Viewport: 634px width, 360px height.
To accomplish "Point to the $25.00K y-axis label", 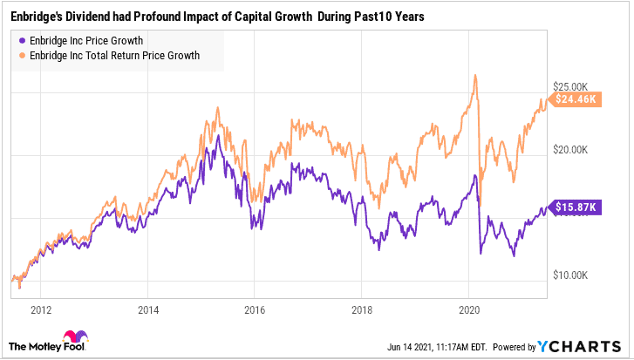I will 573,85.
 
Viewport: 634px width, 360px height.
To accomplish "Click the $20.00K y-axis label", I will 573,149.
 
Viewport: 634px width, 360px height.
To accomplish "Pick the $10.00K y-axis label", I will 573,275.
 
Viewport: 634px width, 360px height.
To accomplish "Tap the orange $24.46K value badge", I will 575,99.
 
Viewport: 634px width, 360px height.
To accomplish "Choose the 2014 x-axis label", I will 148,309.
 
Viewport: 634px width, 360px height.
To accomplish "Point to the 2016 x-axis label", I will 255,309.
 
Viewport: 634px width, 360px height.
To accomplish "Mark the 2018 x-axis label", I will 362,309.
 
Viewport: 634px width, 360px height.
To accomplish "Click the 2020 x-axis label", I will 469,309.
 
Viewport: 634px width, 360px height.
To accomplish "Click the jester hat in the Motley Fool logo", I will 70,337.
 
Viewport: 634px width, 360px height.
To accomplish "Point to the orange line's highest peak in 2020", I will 475,75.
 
